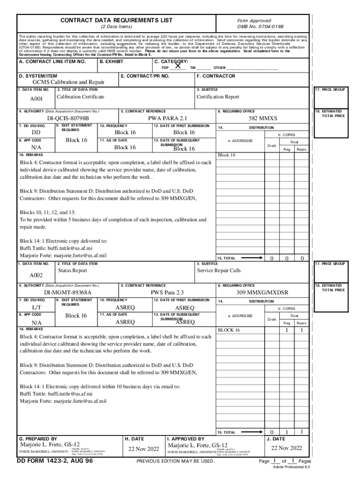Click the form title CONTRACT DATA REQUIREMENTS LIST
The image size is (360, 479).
pyautogui.click(x=116, y=21)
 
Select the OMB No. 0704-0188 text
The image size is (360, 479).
pyautogui.click(x=260, y=27)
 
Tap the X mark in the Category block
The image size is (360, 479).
pyautogui.click(x=178, y=66)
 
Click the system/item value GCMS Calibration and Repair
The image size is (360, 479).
pyautogui.click(x=68, y=82)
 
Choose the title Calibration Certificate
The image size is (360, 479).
pyautogui.click(x=80, y=97)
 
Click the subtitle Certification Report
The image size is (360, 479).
pyautogui.click(x=218, y=97)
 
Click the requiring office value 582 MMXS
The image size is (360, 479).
pyautogui.click(x=262, y=119)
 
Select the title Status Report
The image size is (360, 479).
pyautogui.click(x=72, y=270)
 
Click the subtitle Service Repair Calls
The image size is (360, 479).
pyautogui.click(x=219, y=270)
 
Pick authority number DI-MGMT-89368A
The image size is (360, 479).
pyautogui.click(x=68, y=292)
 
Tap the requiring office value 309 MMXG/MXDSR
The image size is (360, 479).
pyautogui.click(x=262, y=292)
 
